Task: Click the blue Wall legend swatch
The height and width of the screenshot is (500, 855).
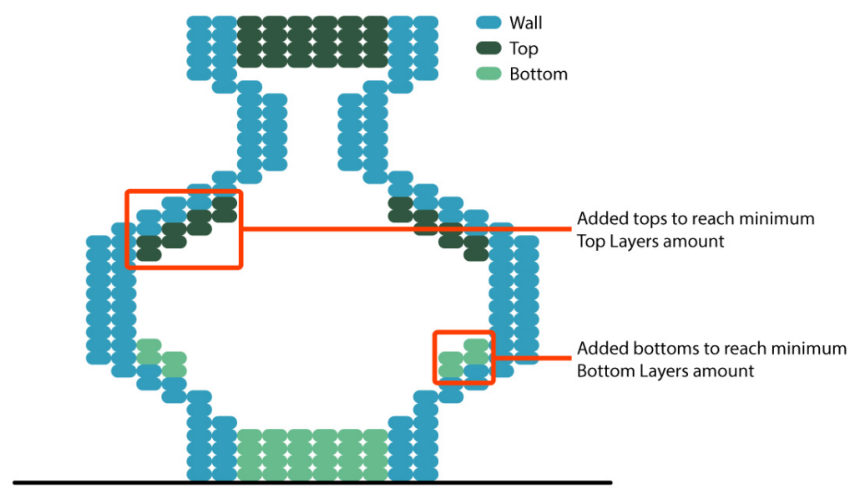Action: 488,23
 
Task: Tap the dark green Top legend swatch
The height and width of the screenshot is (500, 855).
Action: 488,48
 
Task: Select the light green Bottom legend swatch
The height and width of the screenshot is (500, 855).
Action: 488,74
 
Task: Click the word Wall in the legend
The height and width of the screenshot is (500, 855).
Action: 525,23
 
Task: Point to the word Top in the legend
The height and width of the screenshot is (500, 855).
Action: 524,49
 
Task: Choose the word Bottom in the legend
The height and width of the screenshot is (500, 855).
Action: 539,74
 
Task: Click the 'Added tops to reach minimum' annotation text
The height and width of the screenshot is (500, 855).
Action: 695,219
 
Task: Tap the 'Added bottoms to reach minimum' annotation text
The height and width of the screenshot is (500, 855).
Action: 711,349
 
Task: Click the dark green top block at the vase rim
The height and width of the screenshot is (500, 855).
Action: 312,42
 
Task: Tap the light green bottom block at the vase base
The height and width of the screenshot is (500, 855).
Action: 312,454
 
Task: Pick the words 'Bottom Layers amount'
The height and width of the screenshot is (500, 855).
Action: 665,370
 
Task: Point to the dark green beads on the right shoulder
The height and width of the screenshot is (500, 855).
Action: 438,224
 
